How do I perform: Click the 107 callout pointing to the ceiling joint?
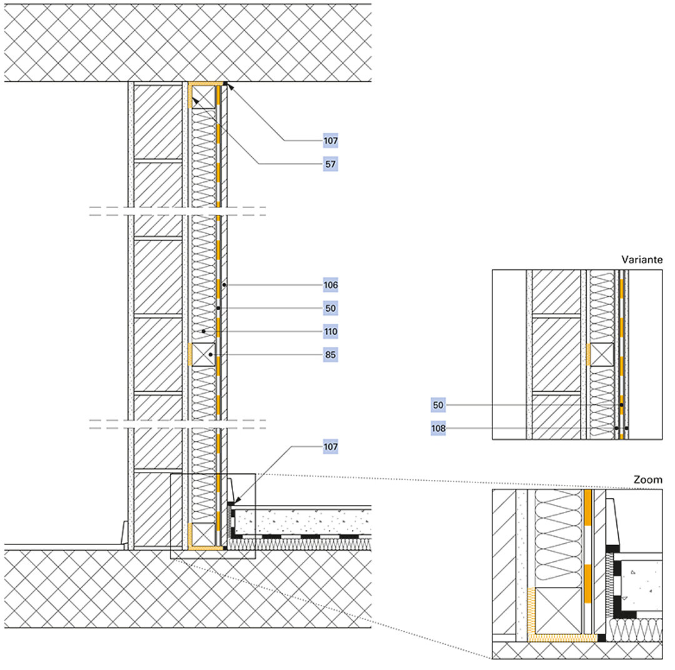click(331, 141)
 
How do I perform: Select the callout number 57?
click(331, 164)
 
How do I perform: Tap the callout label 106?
click(331, 285)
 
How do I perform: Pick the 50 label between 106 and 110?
click(331, 308)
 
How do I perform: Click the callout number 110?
click(331, 331)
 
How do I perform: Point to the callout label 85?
click(331, 354)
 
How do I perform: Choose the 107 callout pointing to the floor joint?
click(331, 447)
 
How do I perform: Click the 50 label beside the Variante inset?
click(438, 405)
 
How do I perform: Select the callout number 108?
click(438, 428)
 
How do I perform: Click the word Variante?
click(642, 259)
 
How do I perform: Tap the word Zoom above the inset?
click(647, 480)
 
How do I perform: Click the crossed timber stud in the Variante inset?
click(602, 354)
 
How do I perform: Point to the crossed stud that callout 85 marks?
click(202, 354)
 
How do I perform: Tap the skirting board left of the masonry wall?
click(125, 533)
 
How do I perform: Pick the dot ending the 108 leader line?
click(616, 428)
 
